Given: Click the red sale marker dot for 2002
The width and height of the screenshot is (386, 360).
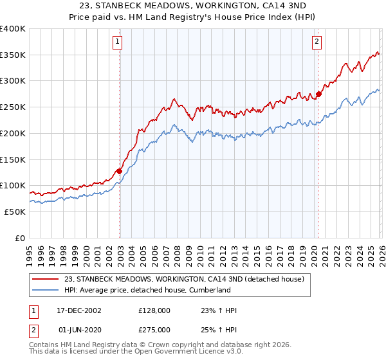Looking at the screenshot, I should (119, 171).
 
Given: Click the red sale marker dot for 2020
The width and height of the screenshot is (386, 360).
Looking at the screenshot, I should (318, 94).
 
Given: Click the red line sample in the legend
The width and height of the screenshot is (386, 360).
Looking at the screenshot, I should (45, 280).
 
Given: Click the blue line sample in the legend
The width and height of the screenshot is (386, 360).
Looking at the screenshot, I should (45, 290).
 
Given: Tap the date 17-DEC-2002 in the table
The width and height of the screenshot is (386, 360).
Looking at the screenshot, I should (79, 310).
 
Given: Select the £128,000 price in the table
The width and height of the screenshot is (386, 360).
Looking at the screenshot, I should (154, 310).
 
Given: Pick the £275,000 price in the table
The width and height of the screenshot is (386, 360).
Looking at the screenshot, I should (154, 330).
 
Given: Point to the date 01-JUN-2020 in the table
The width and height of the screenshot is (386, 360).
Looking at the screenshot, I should (79, 330).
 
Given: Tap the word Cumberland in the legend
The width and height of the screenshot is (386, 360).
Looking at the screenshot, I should (208, 290).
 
